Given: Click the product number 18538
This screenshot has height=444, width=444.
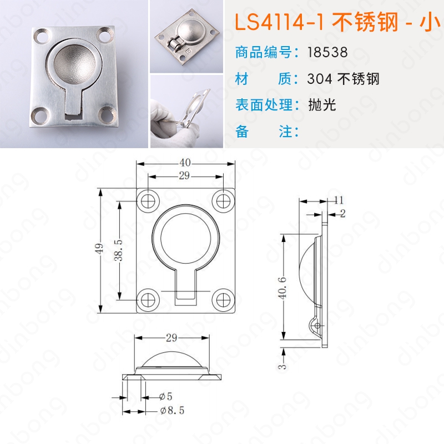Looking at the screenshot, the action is pyautogui.click(x=327, y=52).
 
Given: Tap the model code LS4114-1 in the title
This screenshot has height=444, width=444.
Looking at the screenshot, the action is pyautogui.click(x=279, y=22).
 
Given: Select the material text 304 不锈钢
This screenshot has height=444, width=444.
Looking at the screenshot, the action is pyautogui.click(x=343, y=79).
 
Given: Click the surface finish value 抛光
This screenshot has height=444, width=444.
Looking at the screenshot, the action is pyautogui.click(x=322, y=105).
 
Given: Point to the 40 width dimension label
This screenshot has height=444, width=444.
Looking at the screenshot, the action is pyautogui.click(x=185, y=163).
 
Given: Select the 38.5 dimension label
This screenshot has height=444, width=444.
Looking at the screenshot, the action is pyautogui.click(x=119, y=250).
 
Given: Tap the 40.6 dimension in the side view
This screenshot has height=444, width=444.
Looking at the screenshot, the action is pyautogui.click(x=282, y=287).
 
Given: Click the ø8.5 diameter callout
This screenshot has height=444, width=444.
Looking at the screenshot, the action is pyautogui.click(x=172, y=410).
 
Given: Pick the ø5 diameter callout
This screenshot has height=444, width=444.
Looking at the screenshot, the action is pyautogui.click(x=166, y=396).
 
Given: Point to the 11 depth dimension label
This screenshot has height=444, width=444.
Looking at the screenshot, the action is pyautogui.click(x=339, y=200).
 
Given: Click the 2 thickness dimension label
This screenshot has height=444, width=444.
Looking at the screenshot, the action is pyautogui.click(x=343, y=213).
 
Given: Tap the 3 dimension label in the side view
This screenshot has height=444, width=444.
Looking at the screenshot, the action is pyautogui.click(x=282, y=366).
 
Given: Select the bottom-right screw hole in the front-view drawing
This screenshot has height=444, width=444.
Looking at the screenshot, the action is pyautogui.click(x=223, y=300).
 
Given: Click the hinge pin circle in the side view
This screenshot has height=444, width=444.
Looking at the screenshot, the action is pyautogui.click(x=317, y=326).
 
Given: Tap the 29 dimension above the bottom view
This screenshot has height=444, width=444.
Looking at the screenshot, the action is pyautogui.click(x=171, y=337).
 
